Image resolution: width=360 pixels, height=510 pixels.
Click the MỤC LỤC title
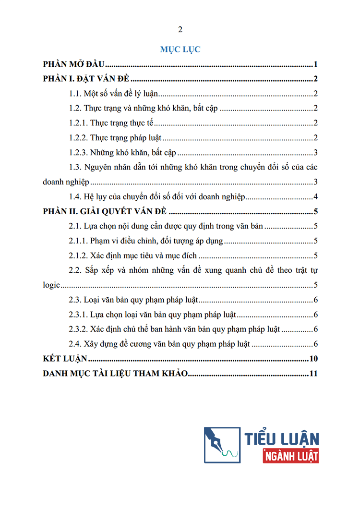point(180,49)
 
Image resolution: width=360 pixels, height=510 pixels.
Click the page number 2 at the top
point(180,30)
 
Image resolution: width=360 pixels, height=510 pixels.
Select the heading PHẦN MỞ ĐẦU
point(74,64)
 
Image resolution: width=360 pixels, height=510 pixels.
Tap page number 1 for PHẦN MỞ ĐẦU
point(316,64)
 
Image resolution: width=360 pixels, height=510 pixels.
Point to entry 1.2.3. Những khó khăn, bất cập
point(123,153)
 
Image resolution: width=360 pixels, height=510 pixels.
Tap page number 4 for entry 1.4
point(316,197)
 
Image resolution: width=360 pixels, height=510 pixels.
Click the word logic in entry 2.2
point(51,285)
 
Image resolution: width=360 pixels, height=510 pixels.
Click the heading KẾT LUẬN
point(64,359)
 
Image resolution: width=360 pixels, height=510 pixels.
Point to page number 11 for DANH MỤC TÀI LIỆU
point(314,374)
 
